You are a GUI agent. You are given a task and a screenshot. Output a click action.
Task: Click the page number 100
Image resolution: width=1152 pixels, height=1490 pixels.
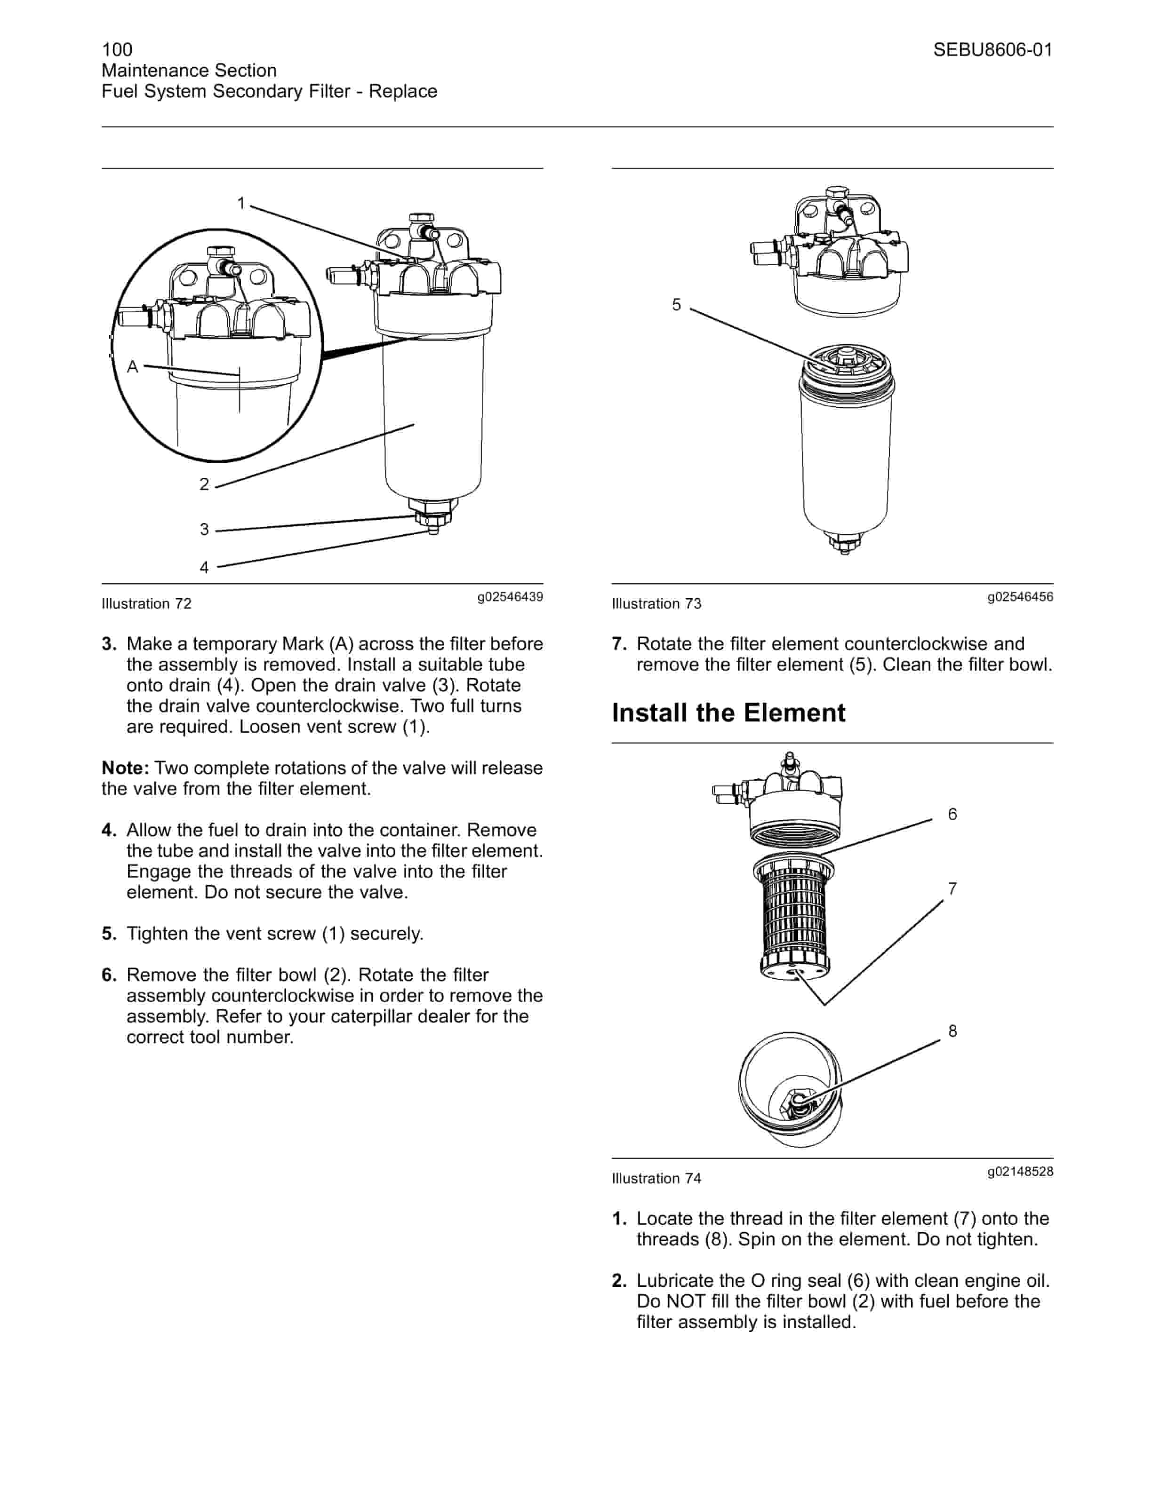coord(117,49)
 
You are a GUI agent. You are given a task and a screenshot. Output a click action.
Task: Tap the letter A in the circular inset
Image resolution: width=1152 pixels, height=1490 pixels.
coord(132,367)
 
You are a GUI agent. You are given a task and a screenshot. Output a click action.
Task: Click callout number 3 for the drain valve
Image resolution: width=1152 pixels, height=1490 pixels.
coord(204,530)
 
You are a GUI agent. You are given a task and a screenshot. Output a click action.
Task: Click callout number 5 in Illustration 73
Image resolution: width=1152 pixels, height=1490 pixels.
coord(676,305)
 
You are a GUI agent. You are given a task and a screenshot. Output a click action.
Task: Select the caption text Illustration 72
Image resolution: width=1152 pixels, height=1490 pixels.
coord(147,604)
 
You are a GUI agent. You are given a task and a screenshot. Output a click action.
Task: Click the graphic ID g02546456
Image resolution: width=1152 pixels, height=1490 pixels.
coord(1020,597)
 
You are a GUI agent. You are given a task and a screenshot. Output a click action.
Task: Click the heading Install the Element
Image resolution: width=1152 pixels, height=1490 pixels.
coord(728,713)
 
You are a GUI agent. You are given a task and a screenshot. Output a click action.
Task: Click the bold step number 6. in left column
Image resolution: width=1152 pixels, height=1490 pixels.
coord(109,975)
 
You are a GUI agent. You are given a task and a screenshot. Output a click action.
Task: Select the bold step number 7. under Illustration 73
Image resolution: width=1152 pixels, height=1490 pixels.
coord(619,644)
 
